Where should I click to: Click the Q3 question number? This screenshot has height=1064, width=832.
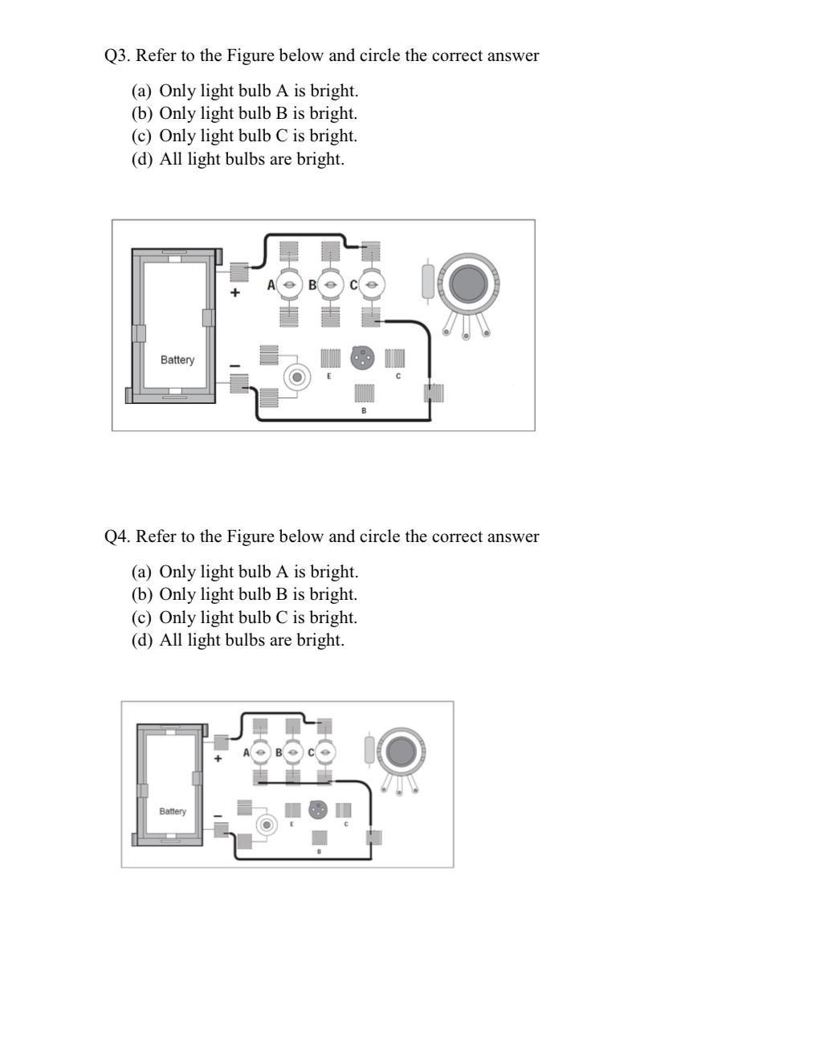click(117, 56)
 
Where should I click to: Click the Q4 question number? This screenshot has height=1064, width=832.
click(117, 537)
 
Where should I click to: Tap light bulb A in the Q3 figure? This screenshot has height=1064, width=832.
click(288, 284)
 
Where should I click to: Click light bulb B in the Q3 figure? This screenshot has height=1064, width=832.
click(329, 284)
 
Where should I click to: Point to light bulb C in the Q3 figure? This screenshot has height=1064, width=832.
click(370, 284)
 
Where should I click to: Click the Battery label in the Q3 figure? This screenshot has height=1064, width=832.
click(177, 360)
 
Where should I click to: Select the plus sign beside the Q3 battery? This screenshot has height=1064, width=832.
click(235, 293)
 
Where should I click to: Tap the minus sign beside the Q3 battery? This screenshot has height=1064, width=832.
click(235, 366)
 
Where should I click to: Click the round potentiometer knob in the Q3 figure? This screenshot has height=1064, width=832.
click(468, 283)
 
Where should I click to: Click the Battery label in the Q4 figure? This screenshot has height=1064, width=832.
click(172, 811)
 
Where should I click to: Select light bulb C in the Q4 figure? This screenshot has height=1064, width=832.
click(324, 752)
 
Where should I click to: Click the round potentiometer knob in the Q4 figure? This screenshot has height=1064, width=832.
click(400, 751)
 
